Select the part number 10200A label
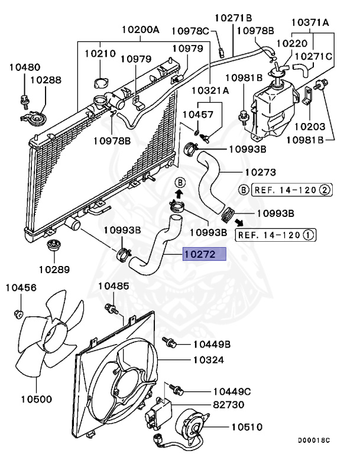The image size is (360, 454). point(140,29)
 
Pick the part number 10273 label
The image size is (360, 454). point(260,173)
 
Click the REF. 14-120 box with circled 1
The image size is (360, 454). point(276,235)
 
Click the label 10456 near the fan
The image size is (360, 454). point(21,288)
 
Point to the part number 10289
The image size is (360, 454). point(54,269)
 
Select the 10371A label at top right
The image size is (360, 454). point(311,22)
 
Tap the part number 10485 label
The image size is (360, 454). point(113,286)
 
